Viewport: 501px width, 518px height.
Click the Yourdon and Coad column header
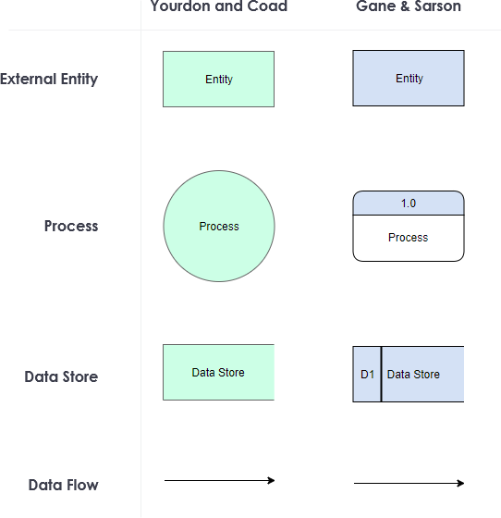click(x=219, y=6)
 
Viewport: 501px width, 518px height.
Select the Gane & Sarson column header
click(x=409, y=6)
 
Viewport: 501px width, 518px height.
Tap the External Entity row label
click(x=49, y=79)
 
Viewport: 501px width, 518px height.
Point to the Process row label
click(x=71, y=226)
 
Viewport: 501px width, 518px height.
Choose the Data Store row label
click(x=61, y=376)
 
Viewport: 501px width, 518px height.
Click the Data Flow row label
click(x=63, y=485)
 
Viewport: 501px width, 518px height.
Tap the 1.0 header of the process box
click(x=409, y=203)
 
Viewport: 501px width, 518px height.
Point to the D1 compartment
click(x=367, y=375)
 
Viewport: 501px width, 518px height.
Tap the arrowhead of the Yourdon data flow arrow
click(x=272, y=480)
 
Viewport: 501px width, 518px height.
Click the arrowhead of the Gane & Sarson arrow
click(x=460, y=483)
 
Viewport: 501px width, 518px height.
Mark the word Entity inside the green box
click(x=219, y=80)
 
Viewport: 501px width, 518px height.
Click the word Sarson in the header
click(x=438, y=6)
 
